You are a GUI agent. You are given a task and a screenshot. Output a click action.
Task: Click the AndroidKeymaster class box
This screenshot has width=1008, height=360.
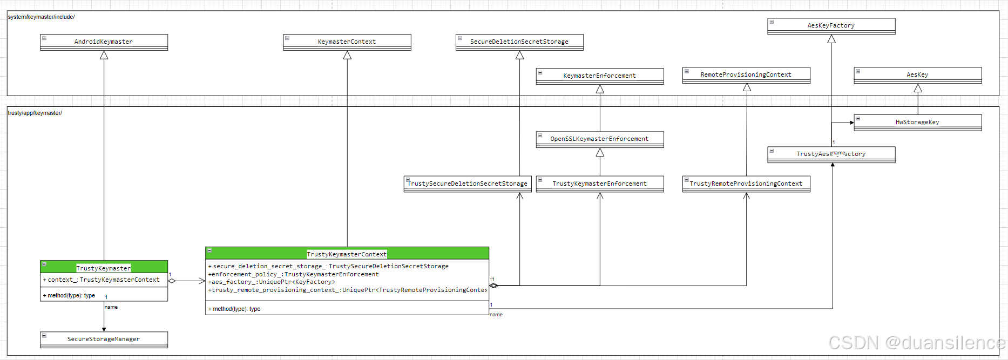(104, 42)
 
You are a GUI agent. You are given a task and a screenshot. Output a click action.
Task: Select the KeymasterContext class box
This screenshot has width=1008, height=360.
(347, 42)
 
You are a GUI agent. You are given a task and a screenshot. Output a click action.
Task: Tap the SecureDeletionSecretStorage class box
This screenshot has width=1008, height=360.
(519, 42)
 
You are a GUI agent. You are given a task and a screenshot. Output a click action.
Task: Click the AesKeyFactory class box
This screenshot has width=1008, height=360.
(831, 25)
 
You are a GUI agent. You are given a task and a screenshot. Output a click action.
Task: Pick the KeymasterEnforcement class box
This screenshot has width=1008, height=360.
(599, 76)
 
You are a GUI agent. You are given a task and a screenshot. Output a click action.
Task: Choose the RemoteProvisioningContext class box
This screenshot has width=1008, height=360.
(746, 74)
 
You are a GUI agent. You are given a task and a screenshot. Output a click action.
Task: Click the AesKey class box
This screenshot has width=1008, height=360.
(917, 74)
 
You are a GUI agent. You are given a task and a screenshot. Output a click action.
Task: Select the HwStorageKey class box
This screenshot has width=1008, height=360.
(917, 122)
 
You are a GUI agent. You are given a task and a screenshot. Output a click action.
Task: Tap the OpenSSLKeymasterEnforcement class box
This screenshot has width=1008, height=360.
(599, 139)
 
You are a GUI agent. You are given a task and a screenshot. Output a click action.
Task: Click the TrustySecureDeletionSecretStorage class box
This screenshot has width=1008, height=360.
(467, 184)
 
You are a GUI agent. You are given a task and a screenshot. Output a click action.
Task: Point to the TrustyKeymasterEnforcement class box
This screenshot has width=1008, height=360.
(599, 184)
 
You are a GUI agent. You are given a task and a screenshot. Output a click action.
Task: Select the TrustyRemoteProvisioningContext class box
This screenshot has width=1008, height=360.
(746, 184)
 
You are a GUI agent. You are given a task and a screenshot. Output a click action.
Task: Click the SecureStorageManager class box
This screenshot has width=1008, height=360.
(104, 339)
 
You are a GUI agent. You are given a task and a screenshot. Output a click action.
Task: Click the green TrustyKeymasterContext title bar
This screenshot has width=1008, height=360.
(347, 254)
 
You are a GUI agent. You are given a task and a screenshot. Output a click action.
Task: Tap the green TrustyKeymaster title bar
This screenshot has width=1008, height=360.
(104, 268)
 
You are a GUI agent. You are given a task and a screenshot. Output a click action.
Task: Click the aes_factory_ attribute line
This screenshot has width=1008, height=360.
(273, 282)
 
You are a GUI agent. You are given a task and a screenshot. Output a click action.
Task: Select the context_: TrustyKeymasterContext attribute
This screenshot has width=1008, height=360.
(103, 280)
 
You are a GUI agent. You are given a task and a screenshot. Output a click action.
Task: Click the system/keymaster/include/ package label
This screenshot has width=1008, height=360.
(41, 17)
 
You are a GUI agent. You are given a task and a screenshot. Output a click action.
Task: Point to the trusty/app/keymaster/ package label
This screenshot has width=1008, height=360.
(35, 113)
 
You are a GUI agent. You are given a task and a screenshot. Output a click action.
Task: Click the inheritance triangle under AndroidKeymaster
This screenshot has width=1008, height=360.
(104, 55)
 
